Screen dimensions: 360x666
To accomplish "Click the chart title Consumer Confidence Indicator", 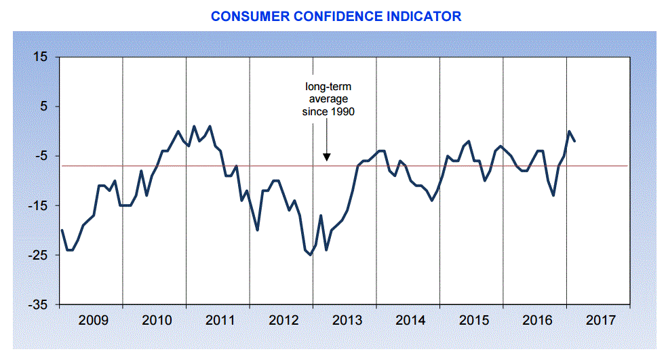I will (x=336, y=16).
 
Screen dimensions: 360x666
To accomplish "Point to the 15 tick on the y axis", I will (x=41, y=57).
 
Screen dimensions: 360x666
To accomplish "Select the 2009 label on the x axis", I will (x=92, y=319).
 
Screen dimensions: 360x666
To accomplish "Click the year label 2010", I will (x=156, y=319).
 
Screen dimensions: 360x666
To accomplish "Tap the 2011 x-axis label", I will (x=219, y=319).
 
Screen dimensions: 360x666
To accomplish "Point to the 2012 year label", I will (x=282, y=319).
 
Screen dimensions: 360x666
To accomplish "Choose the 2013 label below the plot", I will (x=346, y=319).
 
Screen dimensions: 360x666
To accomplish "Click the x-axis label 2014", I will (x=409, y=319).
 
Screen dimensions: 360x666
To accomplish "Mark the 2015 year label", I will (x=472, y=319).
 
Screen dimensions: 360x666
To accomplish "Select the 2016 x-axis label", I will (x=536, y=319).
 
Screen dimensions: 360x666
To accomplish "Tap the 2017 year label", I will (x=600, y=319).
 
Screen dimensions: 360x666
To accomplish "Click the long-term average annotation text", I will (x=328, y=99).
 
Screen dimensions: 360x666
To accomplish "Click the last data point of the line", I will (x=575, y=141).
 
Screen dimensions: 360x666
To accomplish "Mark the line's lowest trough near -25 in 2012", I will (x=310, y=255).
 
